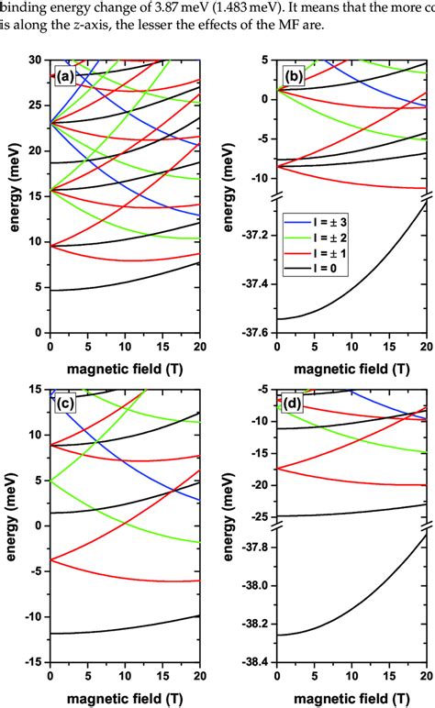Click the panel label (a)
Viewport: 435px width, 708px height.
pos(63,77)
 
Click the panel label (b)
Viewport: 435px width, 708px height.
pos(288,77)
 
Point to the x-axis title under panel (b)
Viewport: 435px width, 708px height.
pos(350,370)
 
